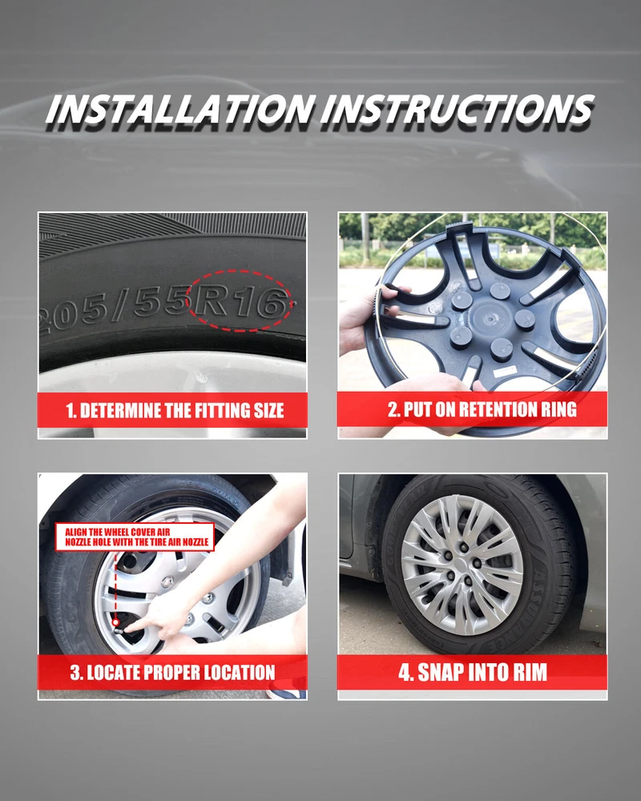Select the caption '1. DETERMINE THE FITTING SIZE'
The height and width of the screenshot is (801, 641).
pos(175,411)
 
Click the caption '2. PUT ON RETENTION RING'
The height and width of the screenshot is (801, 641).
pos(482,409)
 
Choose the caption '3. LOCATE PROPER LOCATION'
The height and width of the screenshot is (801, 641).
pos(173,672)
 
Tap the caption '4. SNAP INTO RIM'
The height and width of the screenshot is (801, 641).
pos(473,672)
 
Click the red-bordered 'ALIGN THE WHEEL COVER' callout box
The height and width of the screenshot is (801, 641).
pos(135,537)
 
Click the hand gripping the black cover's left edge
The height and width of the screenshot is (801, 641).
pos(365,316)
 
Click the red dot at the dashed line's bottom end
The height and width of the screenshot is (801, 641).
pos(116,622)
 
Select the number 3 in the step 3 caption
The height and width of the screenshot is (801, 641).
pos(75,672)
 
